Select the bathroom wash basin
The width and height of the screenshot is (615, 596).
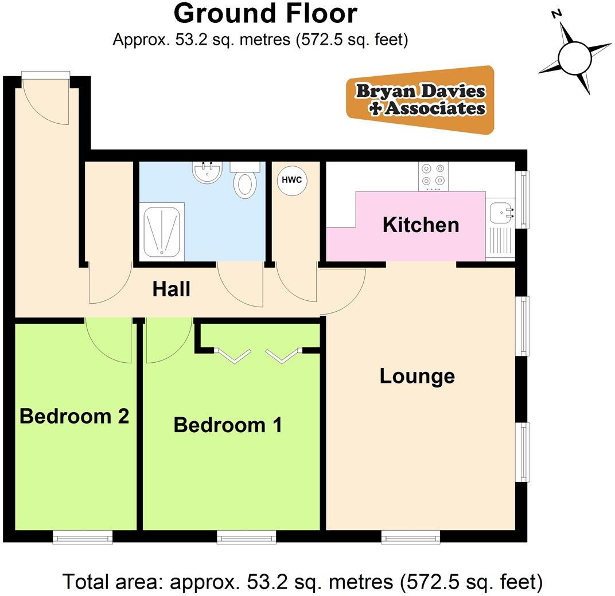[207, 172]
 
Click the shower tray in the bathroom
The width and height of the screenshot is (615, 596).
[163, 232]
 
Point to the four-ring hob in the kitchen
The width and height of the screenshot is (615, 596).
[433, 177]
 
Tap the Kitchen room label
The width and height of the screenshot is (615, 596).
[421, 225]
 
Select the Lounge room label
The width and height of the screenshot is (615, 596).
[417, 377]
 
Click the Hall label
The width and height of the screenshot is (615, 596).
[171, 289]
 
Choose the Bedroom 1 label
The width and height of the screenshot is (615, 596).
[228, 425]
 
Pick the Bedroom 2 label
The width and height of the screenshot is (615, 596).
[74, 416]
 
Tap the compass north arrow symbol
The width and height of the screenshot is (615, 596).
[574, 57]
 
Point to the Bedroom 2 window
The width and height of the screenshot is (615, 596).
[83, 536]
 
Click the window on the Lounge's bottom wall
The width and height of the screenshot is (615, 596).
[411, 536]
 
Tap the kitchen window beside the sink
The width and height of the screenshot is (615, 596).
[523, 199]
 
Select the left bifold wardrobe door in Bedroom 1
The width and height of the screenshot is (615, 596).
[232, 355]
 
